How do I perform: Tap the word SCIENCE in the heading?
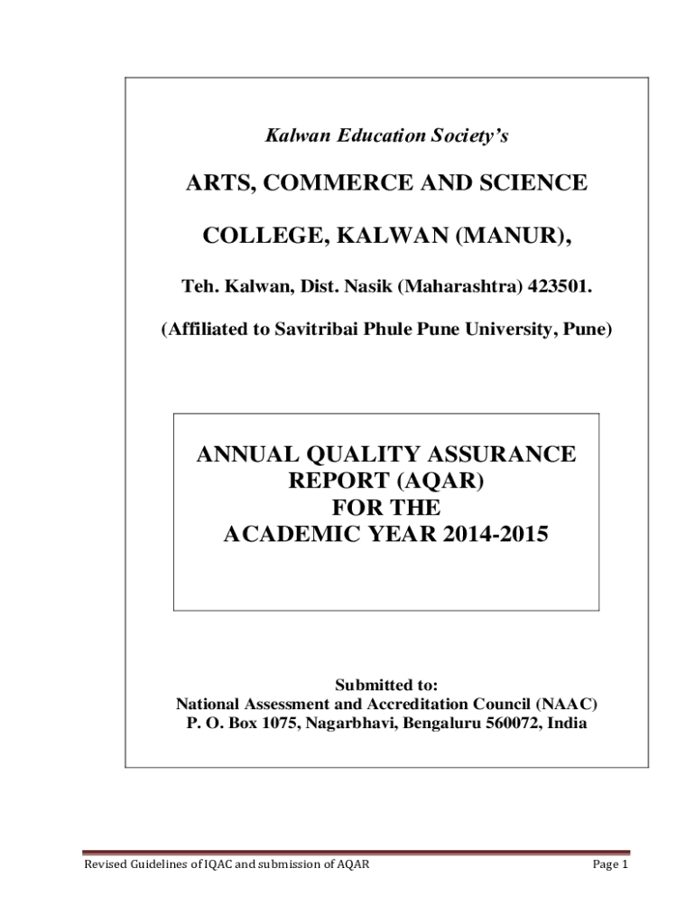[530, 183]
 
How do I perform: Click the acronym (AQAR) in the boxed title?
[438, 481]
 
